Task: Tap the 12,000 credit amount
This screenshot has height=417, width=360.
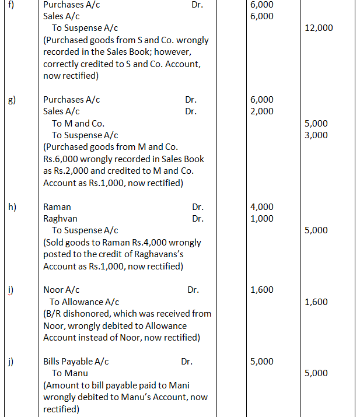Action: coord(319,27)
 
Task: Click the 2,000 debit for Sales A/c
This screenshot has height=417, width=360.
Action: coord(261,111)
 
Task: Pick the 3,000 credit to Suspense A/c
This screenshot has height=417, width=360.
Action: coord(316,135)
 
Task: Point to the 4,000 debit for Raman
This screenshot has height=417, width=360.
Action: coord(261,207)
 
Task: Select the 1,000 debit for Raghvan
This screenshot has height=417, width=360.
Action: coord(261,219)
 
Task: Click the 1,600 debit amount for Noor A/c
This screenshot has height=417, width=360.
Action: coord(261,290)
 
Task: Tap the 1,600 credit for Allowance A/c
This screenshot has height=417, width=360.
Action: coord(316,302)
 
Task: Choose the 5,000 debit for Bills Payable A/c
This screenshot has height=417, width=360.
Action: coord(261,362)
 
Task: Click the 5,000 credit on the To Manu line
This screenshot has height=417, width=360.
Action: coord(316,373)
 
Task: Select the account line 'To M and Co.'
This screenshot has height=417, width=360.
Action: coord(78,124)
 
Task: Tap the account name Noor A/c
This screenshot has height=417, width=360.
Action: coord(61,290)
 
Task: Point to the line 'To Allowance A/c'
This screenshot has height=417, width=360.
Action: coord(85,302)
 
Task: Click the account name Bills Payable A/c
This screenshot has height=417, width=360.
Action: coord(76,362)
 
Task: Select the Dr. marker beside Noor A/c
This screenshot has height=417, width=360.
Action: coord(193,290)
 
